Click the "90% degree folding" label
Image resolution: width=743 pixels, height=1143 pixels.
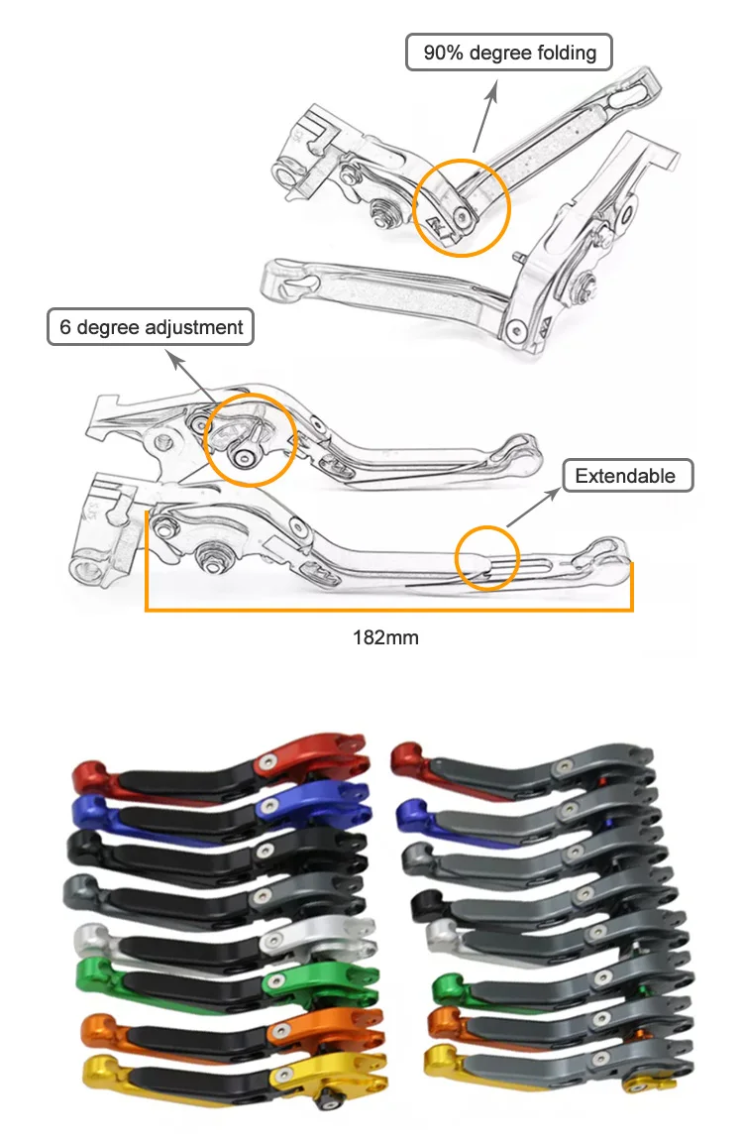click(x=509, y=53)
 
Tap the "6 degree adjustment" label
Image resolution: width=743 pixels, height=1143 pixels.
click(x=151, y=327)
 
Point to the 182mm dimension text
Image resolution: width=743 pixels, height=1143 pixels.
click(x=385, y=637)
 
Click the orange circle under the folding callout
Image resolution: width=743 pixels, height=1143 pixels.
click(x=462, y=206)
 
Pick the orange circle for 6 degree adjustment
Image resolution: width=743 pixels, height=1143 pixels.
click(x=251, y=440)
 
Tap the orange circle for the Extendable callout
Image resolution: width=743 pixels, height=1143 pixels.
click(x=486, y=558)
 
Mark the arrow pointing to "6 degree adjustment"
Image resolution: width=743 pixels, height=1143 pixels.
click(x=196, y=375)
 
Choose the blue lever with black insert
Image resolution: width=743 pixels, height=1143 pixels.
click(x=218, y=813)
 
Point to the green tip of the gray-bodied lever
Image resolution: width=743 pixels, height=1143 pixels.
click(x=452, y=987)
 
